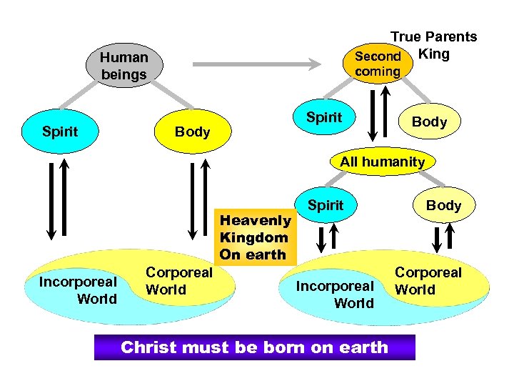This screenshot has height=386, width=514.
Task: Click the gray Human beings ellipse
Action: click(124, 66)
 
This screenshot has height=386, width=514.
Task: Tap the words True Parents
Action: click(433, 36)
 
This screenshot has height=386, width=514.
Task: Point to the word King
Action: click(433, 54)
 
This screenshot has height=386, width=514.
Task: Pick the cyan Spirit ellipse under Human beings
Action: click(61, 132)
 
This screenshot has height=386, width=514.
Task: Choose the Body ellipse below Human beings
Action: click(192, 132)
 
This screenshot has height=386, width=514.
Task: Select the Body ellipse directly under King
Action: click(429, 122)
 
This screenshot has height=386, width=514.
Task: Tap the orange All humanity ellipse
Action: click(382, 162)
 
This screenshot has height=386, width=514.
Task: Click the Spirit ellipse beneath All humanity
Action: click(326, 206)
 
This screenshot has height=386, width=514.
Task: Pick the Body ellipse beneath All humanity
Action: click(443, 206)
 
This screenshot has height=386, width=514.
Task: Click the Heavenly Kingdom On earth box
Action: click(254, 237)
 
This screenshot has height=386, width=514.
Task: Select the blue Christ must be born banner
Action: click(254, 347)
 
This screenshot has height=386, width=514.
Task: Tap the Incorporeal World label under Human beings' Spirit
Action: click(78, 290)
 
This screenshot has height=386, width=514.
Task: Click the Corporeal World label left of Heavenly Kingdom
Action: click(178, 281)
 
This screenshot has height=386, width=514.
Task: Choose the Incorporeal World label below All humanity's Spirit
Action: click(335, 295)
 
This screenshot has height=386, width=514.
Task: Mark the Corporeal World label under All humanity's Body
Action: click(428, 281)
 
